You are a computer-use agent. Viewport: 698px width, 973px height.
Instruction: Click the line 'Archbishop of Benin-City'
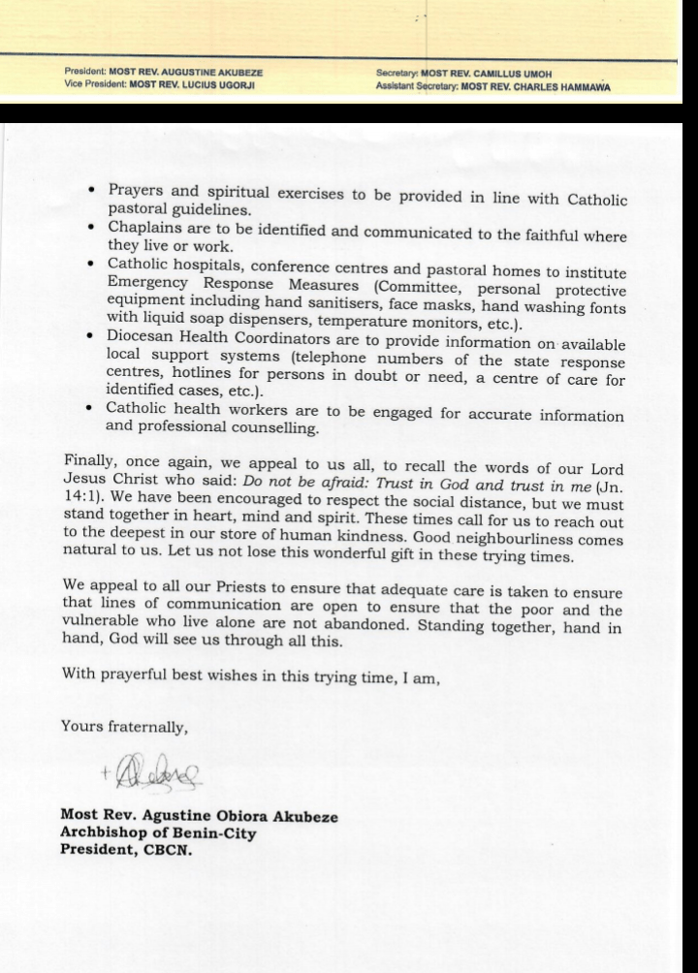pos(158,833)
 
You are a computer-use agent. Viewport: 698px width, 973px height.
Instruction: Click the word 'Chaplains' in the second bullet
pos(143,229)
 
